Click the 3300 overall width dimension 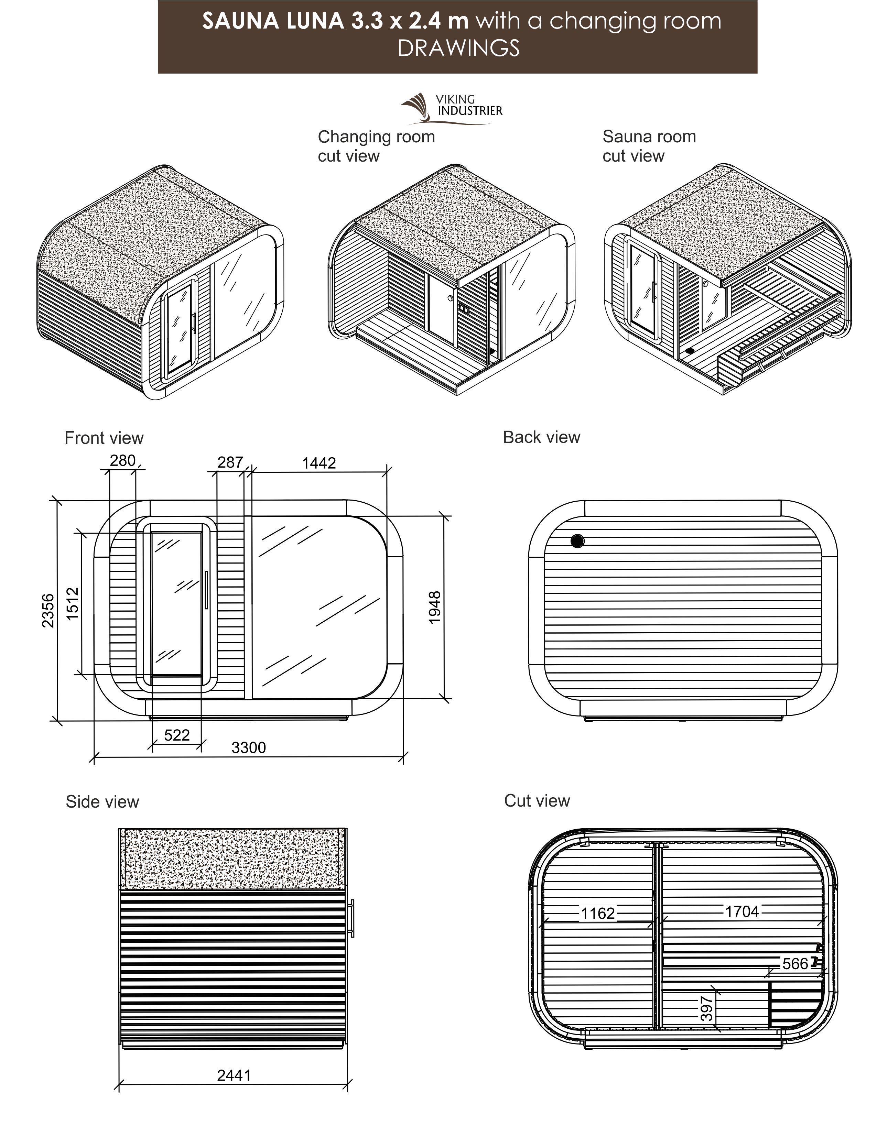pyautogui.click(x=249, y=747)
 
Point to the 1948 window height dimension pyautogui.click(x=435, y=607)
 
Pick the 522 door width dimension pyautogui.click(x=177, y=735)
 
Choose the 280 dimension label pyautogui.click(x=123, y=460)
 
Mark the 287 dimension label pyautogui.click(x=230, y=462)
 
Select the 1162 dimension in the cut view pyautogui.click(x=598, y=914)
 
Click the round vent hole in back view pyautogui.click(x=577, y=542)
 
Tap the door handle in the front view pyautogui.click(x=205, y=590)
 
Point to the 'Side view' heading pyautogui.click(x=102, y=802)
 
